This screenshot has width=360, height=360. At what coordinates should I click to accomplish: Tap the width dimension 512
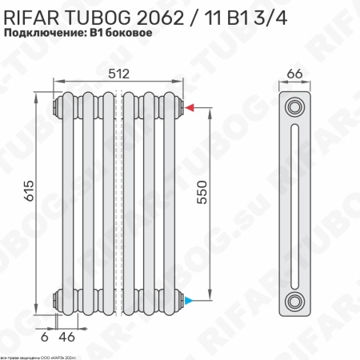tap(119, 73)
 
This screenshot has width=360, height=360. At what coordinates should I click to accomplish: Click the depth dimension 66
tap(294, 74)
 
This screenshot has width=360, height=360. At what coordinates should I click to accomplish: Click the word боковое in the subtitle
tap(129, 34)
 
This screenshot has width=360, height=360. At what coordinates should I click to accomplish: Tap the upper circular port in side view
tap(296, 106)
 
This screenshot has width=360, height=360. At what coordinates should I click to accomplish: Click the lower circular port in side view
tap(296, 301)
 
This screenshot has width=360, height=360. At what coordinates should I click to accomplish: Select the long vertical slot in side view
tap(296, 203)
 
